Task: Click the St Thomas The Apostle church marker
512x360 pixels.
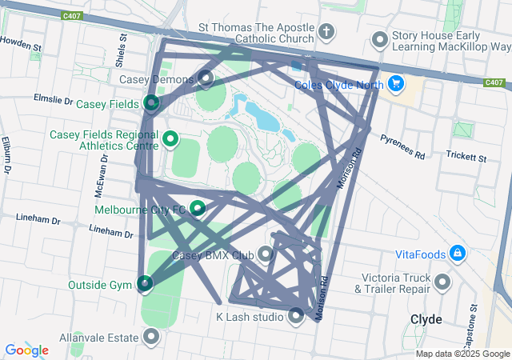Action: [x=326, y=32]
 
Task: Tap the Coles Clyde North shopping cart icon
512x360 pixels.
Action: [x=395, y=82]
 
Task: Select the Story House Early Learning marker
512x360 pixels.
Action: [x=380, y=39]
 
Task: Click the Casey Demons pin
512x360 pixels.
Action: [x=206, y=78]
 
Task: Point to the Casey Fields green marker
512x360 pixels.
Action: [x=151, y=103]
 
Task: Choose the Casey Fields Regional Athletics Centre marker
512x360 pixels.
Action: [x=170, y=140]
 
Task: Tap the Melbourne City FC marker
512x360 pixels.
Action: [x=197, y=209]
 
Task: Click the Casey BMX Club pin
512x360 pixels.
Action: [x=265, y=254]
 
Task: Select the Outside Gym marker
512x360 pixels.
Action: [x=144, y=283]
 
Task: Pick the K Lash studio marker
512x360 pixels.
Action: [x=296, y=316]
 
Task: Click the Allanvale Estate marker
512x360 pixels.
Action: [x=150, y=336]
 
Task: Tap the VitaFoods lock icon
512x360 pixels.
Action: [x=457, y=254]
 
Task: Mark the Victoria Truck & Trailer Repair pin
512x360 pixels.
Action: [x=442, y=282]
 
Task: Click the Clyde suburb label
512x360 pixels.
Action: [x=426, y=318]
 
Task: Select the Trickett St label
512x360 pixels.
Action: [x=466, y=155]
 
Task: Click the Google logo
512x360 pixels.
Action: [x=26, y=350]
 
